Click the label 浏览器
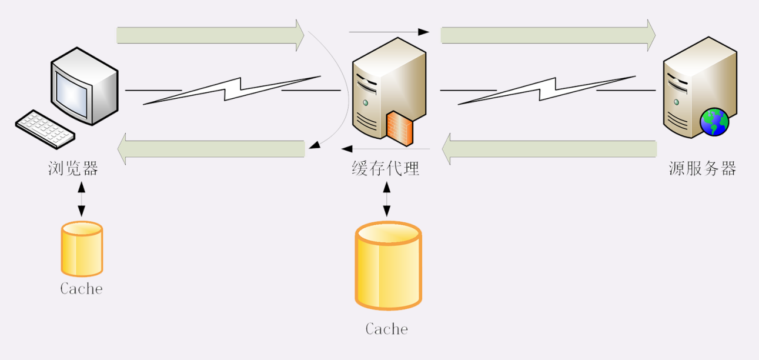point(73,169)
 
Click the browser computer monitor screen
point(72,94)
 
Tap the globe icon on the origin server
point(714,122)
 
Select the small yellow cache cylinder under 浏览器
point(82,249)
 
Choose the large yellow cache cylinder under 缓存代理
point(387,265)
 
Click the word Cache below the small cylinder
point(81,289)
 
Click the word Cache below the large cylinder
point(386,329)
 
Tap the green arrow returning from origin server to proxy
point(549,149)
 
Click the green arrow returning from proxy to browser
point(211,149)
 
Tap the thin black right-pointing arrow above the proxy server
point(389,32)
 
